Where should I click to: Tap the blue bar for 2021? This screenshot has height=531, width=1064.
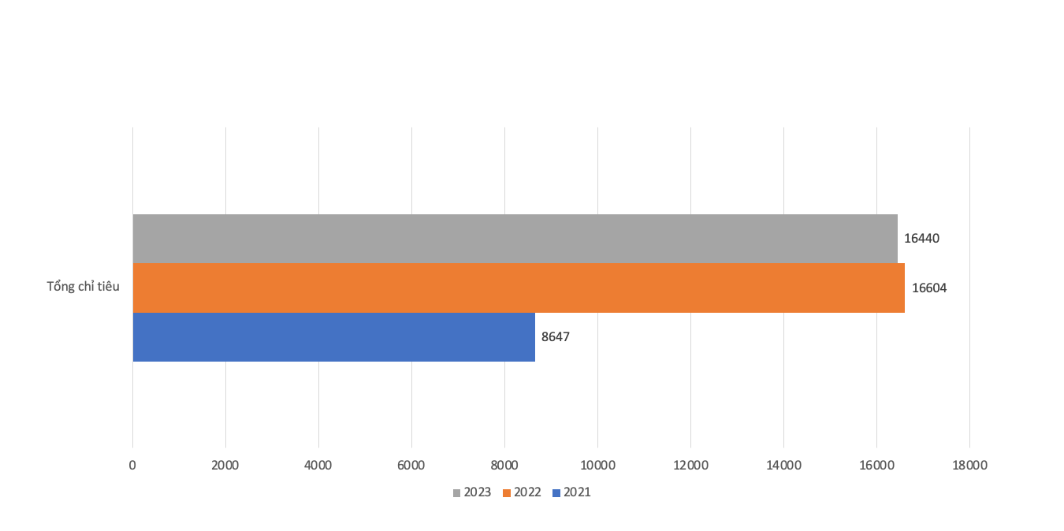[333, 337]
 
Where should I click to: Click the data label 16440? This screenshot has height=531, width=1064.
[921, 238]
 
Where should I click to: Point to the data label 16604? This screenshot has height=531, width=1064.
[929, 288]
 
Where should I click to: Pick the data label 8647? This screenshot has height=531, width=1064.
[556, 337]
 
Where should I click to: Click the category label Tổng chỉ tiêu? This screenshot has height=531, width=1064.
[83, 287]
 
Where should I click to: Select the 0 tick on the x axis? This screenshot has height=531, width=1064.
[132, 465]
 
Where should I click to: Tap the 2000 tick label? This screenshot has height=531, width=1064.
[225, 465]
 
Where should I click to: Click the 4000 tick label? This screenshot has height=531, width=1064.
[318, 465]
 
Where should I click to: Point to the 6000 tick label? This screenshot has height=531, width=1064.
[411, 465]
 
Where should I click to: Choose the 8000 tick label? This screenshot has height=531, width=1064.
[504, 465]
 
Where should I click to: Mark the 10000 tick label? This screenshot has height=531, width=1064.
[597, 465]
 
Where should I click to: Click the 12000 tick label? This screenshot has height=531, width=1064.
[690, 465]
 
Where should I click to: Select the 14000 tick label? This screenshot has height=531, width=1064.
[783, 465]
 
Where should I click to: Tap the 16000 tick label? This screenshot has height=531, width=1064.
[876, 465]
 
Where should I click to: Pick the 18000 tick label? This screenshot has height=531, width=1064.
[969, 465]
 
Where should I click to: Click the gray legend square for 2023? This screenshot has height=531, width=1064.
[456, 493]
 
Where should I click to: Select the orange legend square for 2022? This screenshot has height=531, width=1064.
[507, 493]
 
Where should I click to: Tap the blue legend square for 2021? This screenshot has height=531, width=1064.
[556, 493]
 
